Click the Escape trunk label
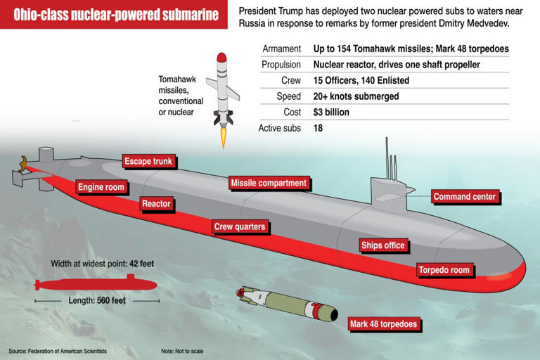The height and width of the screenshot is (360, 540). click(148, 161)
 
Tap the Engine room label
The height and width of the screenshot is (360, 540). click(101, 187)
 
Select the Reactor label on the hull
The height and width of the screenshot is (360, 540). click(156, 204)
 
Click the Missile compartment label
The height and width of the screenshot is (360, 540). click(269, 183)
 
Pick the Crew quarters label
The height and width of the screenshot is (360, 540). click(240, 226)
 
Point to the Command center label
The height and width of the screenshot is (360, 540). click(465, 197)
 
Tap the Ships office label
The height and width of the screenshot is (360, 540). click(383, 245)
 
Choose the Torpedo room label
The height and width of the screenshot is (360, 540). click(444, 270)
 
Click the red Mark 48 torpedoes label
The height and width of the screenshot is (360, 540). click(384, 324)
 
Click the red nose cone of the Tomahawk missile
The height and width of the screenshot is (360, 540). click(221, 57)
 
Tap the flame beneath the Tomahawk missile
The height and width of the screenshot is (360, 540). click(224, 137)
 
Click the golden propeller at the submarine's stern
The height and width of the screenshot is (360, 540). click(23, 164)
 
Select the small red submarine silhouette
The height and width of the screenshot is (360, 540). click(96, 284)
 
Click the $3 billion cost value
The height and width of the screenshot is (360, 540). click(331, 112)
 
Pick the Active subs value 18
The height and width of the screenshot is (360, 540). click(318, 128)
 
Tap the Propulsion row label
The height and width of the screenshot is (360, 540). click(281, 65)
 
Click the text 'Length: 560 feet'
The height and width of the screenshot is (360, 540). click(97, 301)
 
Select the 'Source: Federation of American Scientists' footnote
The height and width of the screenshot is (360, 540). click(58, 351)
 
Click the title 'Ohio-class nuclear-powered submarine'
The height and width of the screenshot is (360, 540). click(116, 15)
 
